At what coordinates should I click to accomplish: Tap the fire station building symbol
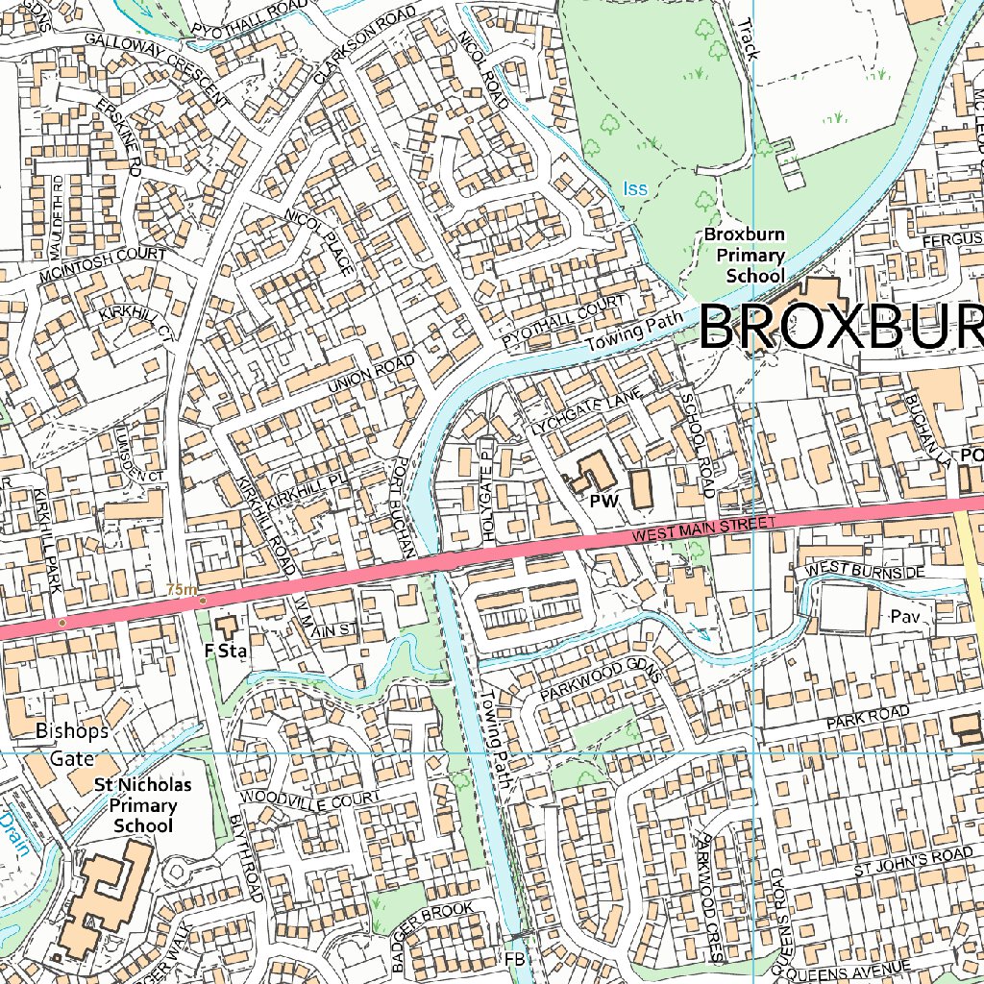pos(227,628)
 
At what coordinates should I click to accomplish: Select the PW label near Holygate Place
pos(603,502)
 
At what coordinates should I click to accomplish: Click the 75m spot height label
pos(181,589)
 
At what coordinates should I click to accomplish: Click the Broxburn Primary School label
pos(745,255)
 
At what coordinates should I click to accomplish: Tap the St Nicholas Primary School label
pos(143,805)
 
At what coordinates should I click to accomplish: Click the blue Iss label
pos(635,189)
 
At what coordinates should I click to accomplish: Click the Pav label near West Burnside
pos(905,616)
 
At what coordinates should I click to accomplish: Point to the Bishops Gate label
pos(72,743)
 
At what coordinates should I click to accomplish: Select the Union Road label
pos(372,374)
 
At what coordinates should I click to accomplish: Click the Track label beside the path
pos(749,39)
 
